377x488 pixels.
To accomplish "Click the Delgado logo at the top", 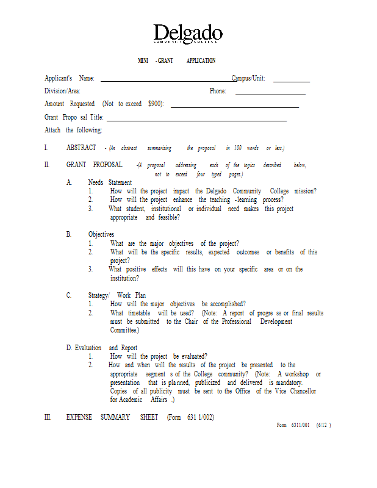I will [x=188, y=34].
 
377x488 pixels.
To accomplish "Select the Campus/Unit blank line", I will [x=291, y=81].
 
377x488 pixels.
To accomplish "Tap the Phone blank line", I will [x=270, y=94].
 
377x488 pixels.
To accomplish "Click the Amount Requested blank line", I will [x=234, y=107].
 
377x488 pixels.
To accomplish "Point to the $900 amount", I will [x=154, y=104].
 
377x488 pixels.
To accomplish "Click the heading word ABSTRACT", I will [x=81, y=148].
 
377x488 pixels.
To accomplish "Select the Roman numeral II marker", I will [x=46, y=165].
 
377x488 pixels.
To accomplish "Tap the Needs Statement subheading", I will [x=110, y=182].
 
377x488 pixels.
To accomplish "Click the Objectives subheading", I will [x=101, y=234].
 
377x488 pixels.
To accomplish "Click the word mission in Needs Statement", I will [x=305, y=191].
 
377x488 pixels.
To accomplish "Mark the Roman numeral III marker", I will [x=48, y=417].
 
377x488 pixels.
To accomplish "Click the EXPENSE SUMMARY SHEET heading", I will [x=112, y=417].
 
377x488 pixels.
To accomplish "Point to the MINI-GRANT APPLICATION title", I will [x=176, y=61].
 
